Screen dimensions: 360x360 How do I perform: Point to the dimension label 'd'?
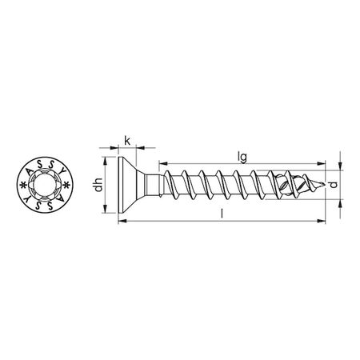tap(342, 186)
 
